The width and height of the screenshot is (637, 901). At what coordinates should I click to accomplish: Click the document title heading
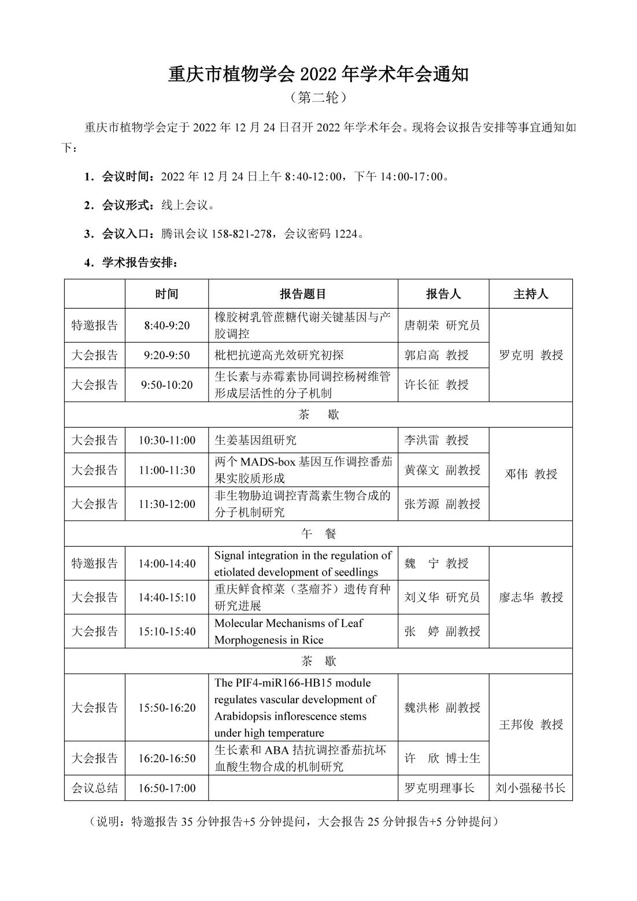(x=318, y=75)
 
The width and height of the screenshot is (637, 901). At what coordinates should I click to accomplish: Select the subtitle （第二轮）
(x=318, y=98)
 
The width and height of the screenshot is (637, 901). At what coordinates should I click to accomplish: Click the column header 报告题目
(x=303, y=294)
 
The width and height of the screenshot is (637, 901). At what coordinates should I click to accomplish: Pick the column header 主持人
(x=530, y=294)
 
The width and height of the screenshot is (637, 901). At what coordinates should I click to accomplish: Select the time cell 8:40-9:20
(x=166, y=325)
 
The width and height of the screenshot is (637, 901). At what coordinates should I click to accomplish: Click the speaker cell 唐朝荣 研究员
(x=442, y=325)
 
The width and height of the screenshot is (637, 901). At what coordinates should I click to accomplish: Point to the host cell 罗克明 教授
(x=530, y=355)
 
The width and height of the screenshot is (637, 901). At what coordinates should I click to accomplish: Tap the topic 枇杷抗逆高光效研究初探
(x=279, y=355)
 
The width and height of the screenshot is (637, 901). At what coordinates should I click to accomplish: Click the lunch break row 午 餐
(x=318, y=534)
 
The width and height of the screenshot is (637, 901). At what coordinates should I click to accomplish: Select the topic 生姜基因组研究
(x=255, y=440)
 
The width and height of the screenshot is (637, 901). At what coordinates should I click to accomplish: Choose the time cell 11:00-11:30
(x=166, y=470)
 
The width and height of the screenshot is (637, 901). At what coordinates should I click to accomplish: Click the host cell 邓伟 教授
(x=530, y=474)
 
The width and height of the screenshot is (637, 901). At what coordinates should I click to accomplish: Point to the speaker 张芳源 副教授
(x=442, y=504)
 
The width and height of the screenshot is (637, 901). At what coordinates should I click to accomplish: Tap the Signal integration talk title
(x=303, y=563)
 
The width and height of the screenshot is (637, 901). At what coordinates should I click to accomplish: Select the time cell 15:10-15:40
(x=166, y=631)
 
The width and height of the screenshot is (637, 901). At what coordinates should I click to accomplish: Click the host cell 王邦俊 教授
(x=530, y=724)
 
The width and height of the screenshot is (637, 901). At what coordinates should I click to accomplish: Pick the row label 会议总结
(x=95, y=788)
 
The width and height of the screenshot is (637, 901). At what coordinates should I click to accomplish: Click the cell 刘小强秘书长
(x=530, y=788)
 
